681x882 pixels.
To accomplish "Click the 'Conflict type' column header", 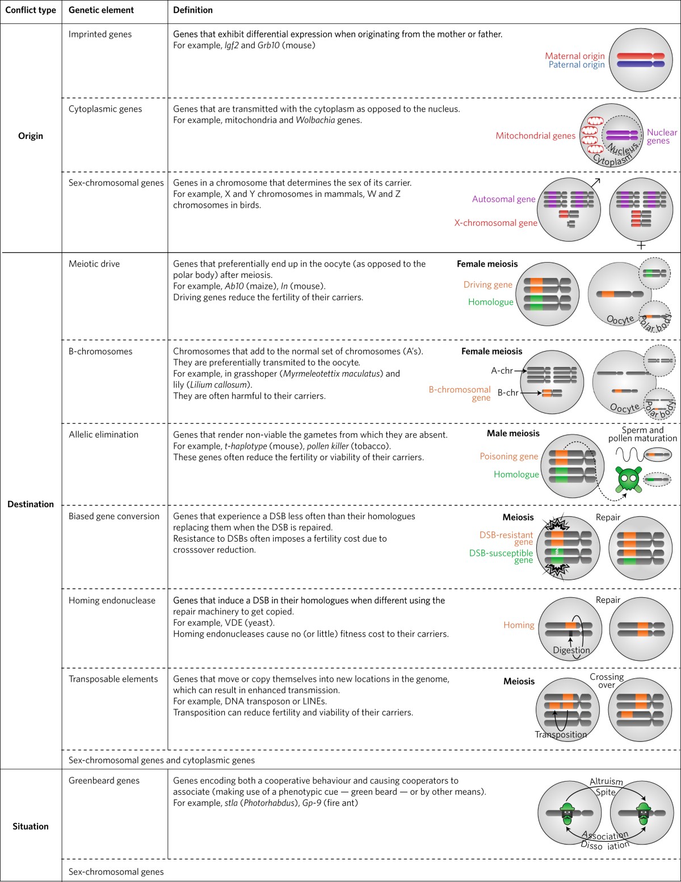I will point(31,10).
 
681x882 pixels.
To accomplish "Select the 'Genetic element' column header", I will point(101,10).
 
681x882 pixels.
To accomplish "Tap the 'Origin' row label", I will point(31,136).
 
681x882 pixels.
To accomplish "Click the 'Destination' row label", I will point(31,504).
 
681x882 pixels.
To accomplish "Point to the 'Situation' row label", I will point(31,826).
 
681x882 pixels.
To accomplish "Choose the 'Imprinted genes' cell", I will point(100,35).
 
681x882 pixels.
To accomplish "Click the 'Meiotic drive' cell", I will point(94,264).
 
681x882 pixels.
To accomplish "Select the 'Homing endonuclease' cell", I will point(112,601).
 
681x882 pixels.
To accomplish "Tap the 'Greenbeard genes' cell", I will point(104,781).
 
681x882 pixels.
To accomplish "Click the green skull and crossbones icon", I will point(629,479).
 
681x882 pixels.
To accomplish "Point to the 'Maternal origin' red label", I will point(574,56).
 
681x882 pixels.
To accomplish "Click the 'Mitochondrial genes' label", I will point(535,136).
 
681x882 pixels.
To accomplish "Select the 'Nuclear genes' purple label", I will point(661,137).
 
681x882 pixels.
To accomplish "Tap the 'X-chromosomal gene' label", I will point(495,223).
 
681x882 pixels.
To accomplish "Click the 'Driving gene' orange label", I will point(487,285).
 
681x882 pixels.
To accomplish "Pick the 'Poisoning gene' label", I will point(508,457).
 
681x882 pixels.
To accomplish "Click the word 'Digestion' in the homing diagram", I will point(571,651).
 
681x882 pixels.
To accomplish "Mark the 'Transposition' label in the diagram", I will point(561,735).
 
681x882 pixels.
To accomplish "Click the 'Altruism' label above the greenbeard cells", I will point(606,782).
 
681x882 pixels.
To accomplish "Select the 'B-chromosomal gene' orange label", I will point(460,394).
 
